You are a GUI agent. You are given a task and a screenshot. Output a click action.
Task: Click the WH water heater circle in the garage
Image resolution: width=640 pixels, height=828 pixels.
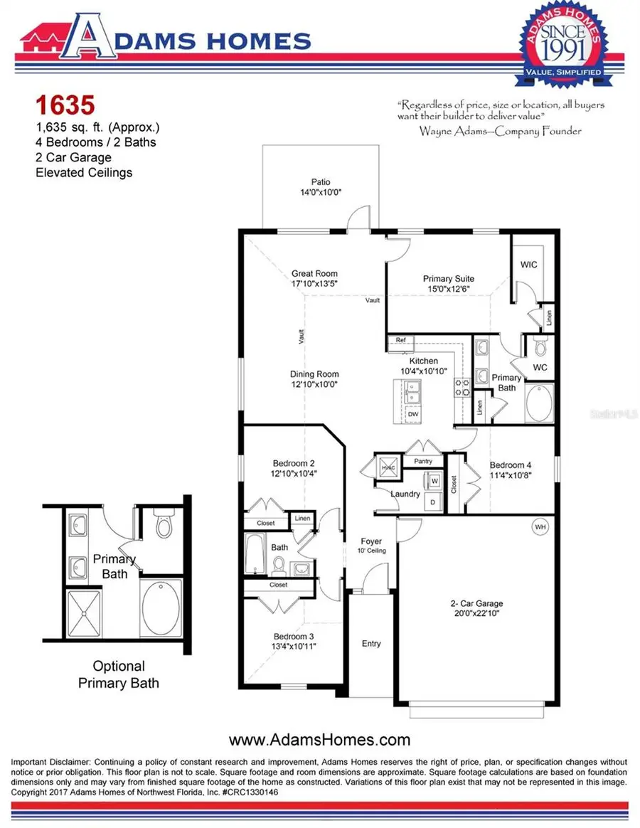(x=540, y=527)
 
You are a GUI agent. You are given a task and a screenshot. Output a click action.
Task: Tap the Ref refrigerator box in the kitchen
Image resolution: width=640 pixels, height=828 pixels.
(x=401, y=341)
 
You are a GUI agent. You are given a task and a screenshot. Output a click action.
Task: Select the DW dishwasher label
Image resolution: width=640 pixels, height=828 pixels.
(x=412, y=413)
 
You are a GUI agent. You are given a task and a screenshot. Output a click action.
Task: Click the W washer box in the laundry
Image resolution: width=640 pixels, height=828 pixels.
(x=433, y=482)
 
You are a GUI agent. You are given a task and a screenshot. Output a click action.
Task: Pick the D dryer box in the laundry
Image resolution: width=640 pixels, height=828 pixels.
(x=433, y=501)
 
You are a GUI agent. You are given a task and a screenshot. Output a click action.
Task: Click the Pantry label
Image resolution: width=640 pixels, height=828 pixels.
(x=423, y=462)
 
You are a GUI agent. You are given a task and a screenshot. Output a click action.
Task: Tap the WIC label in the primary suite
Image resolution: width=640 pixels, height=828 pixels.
(x=528, y=265)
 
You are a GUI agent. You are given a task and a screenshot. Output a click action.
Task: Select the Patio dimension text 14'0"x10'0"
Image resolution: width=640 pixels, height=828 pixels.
(x=321, y=193)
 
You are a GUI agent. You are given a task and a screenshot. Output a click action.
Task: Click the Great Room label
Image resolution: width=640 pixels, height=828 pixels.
(x=314, y=273)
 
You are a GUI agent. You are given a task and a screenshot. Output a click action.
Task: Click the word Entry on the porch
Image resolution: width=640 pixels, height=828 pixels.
(x=371, y=643)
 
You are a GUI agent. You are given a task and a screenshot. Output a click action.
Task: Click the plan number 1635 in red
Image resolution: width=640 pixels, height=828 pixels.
(x=65, y=106)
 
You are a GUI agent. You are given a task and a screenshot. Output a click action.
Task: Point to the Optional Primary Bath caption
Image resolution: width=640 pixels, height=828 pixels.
(x=119, y=674)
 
